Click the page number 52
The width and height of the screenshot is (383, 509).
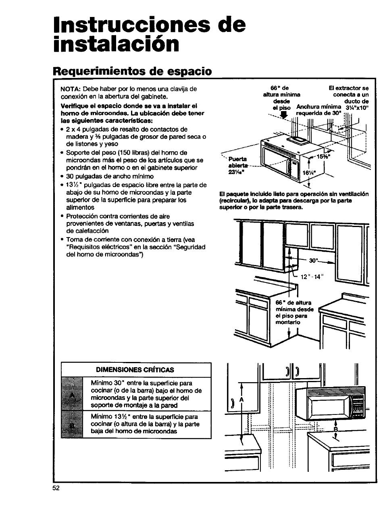pyautogui.click(x=56, y=488)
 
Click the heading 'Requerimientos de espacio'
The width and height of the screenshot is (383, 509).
pyautogui.click(x=133, y=71)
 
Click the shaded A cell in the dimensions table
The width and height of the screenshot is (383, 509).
pyautogui.click(x=72, y=394)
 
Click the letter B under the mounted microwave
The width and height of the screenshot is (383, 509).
pyautogui.click(x=335, y=430)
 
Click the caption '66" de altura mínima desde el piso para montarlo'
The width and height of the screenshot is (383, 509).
pyautogui.click(x=294, y=313)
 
